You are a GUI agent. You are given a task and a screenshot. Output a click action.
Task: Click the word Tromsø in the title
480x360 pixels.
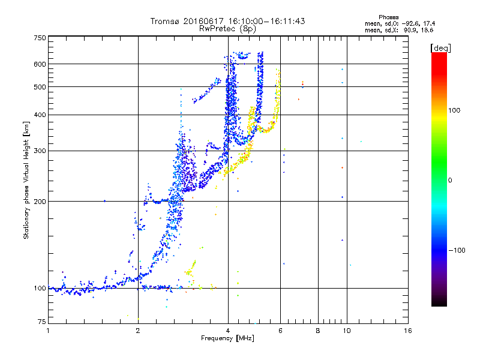pyautogui.click(x=166, y=21)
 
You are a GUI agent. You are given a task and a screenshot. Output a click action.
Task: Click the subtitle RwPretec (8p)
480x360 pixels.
pyautogui.click(x=227, y=29)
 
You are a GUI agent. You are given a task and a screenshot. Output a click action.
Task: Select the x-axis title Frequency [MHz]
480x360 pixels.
pyautogui.click(x=227, y=338)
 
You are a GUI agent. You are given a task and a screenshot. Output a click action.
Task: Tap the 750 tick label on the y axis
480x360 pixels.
pyautogui.click(x=40, y=38)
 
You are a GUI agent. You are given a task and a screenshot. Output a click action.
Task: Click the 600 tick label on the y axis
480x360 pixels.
pyautogui.click(x=40, y=64)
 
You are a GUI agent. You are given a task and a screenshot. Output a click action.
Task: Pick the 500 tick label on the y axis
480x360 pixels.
pyautogui.click(x=40, y=87)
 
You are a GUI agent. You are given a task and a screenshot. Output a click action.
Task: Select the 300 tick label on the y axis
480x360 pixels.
pyautogui.click(x=40, y=151)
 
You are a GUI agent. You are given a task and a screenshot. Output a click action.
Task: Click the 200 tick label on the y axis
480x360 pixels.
pyautogui.click(x=40, y=202)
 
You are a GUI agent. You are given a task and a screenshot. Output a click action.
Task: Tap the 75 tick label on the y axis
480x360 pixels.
pyautogui.click(x=42, y=322)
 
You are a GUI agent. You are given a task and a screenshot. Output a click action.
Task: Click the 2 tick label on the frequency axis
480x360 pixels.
pyautogui.click(x=138, y=331)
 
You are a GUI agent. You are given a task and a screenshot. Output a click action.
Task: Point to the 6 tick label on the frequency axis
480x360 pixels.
pyautogui.click(x=280, y=331)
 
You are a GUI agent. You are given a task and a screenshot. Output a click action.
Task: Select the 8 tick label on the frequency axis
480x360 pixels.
pyautogui.click(x=318, y=331)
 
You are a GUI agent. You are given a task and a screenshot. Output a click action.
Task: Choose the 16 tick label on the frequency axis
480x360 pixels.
pyautogui.click(x=408, y=331)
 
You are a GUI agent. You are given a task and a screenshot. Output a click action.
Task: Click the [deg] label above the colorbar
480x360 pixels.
pyautogui.click(x=440, y=48)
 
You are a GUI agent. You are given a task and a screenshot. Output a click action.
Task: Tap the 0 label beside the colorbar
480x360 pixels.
pyautogui.click(x=450, y=180)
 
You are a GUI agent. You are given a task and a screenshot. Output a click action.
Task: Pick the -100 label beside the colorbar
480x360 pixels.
pyautogui.click(x=457, y=250)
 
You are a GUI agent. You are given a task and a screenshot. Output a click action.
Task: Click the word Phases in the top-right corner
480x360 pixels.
pyautogui.click(x=388, y=17)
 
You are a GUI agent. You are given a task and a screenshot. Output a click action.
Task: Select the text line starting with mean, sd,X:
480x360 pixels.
pyautogui.click(x=399, y=30)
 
